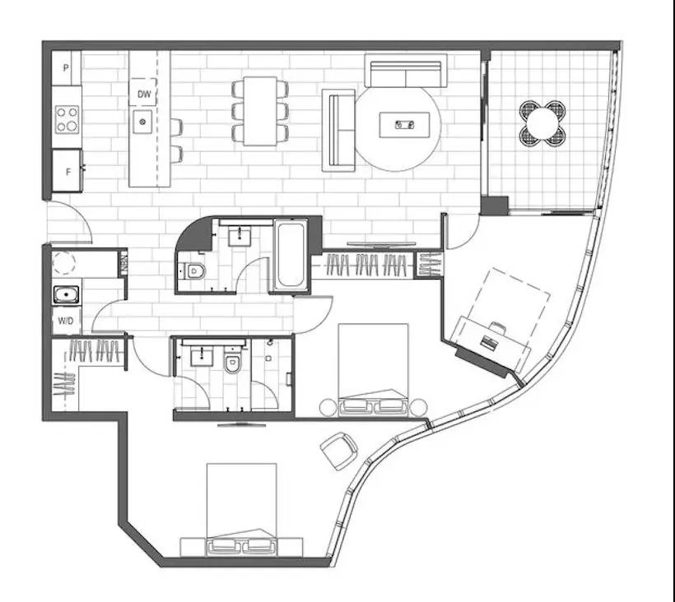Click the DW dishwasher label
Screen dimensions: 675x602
(144, 94)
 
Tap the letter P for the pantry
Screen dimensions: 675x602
(66, 68)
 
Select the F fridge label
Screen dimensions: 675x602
(67, 172)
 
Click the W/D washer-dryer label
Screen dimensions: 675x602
(65, 321)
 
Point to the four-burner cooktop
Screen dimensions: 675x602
(67, 119)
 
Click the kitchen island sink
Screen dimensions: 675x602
(142, 122)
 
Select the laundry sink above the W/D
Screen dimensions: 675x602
(67, 295)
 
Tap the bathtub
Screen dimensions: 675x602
(291, 256)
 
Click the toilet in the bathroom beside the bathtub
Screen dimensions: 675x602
(193, 271)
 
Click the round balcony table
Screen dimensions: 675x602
(542, 123)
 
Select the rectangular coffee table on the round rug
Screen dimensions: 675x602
(405, 125)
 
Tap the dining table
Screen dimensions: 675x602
(260, 111)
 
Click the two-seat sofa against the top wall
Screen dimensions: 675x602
(406, 71)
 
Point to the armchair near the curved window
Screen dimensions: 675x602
(339, 451)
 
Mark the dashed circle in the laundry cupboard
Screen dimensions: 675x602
(63, 262)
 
